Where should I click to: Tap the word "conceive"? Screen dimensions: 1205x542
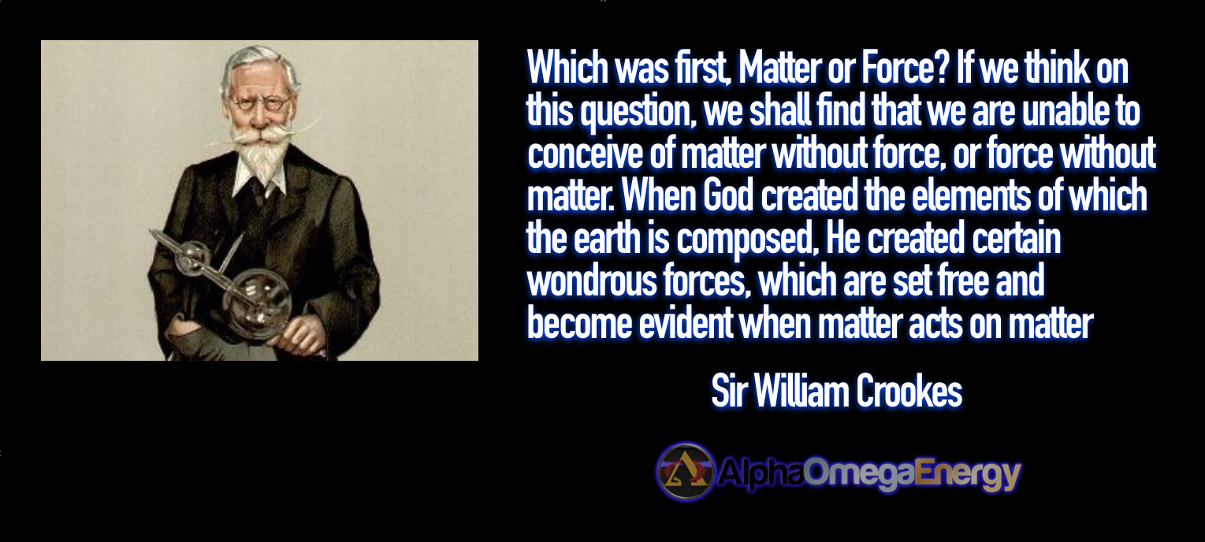[x=585, y=154]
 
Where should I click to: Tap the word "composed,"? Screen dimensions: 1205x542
[x=747, y=239]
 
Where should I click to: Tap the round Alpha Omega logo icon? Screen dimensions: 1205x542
[x=686, y=472]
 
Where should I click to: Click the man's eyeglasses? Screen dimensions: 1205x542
[x=260, y=103]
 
